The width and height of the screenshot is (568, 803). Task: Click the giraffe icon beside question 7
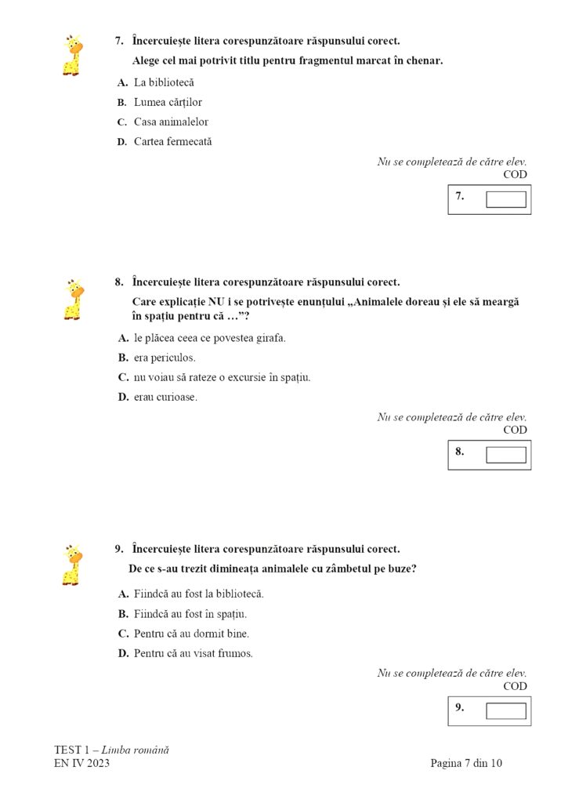pos(72,55)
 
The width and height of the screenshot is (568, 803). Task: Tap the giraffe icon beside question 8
pos(72,299)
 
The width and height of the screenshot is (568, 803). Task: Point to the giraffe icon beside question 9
pos(72,565)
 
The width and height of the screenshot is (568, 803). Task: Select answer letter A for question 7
pos(122,82)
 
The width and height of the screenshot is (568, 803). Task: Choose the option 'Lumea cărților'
pos(168,102)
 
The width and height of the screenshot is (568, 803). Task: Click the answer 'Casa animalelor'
pos(171,122)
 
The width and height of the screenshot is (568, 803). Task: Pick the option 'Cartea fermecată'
pos(172,142)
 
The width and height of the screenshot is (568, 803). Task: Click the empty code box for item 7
pos(505,199)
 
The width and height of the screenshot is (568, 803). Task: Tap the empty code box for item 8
pos(505,455)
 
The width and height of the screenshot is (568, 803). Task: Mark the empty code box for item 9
pos(505,710)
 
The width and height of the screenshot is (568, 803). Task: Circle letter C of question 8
pos(123,377)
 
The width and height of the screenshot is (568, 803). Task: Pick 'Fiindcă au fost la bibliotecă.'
pos(198,594)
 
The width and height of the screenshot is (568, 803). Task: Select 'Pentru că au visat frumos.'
pos(193,652)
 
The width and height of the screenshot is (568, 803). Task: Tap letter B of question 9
pos(123,613)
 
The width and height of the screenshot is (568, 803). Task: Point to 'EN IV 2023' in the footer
pos(81,763)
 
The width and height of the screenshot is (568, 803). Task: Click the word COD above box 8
pos(515,430)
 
